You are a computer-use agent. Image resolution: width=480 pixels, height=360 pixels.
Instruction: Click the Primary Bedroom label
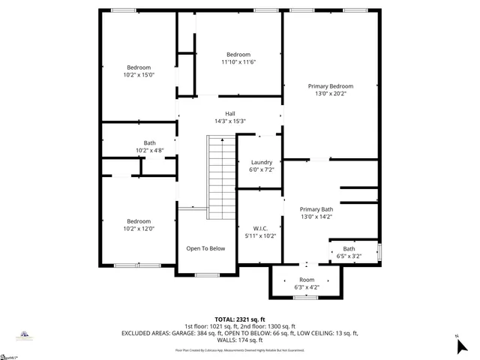click(x=331, y=86)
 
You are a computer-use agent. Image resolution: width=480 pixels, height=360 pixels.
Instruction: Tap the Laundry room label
click(x=261, y=162)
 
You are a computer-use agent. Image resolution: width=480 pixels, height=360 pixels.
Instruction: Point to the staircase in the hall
click(x=221, y=177)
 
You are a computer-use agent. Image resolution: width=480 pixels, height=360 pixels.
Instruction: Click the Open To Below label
click(x=205, y=248)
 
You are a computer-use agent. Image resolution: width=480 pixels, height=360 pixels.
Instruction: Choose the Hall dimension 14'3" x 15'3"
click(x=230, y=121)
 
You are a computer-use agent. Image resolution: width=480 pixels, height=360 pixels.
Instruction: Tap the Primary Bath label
click(x=316, y=209)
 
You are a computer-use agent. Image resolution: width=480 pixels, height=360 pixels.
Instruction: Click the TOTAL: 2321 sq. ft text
click(x=241, y=319)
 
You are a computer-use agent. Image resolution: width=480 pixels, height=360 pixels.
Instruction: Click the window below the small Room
click(x=305, y=298)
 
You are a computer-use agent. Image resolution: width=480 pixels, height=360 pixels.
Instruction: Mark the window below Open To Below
click(x=206, y=274)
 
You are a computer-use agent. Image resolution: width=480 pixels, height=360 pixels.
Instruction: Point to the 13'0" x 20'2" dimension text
click(x=331, y=94)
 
